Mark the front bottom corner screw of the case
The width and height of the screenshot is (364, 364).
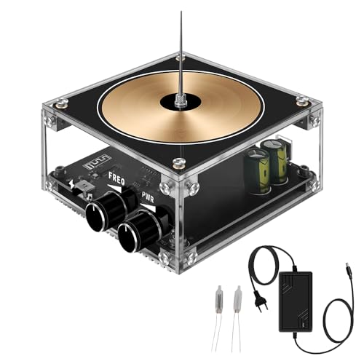[191, 256]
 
